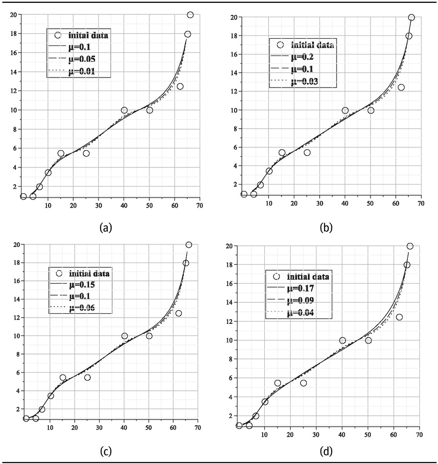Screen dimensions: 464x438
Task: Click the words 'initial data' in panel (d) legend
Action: coord(304,277)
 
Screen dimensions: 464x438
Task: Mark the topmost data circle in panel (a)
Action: coord(190,15)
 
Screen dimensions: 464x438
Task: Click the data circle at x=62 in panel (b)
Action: coord(401,87)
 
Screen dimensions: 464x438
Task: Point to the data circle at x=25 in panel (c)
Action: coord(87,377)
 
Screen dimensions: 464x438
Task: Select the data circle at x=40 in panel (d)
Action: coord(342,341)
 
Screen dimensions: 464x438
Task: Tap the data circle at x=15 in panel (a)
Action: coord(61,154)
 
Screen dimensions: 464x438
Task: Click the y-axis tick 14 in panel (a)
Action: coord(13,72)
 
